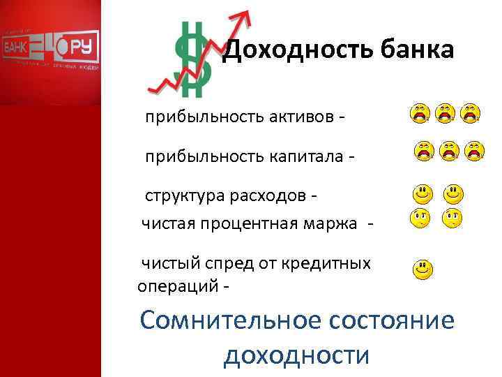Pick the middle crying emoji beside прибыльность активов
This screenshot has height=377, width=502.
click(445, 114)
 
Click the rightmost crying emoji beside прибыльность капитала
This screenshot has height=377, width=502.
click(475, 150)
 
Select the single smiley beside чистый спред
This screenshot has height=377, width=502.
click(422, 269)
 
